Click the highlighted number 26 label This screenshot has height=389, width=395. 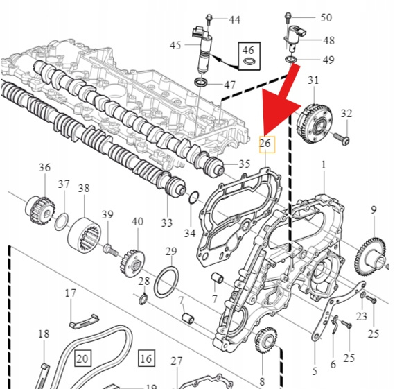pos(267,144)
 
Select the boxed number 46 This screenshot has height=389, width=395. pos(249,56)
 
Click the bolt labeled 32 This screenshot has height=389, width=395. pos(342,139)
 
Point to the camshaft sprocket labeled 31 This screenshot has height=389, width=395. pos(315,123)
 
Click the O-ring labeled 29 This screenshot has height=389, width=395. pos(166,282)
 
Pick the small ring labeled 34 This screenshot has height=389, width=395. pos(194,198)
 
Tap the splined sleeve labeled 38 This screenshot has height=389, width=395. pos(85,234)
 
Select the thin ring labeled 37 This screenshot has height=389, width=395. pos(62,222)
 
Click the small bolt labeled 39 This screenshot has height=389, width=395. pos(110,250)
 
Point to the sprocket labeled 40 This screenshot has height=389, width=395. pos(132,263)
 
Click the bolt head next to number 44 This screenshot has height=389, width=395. pos(209,17)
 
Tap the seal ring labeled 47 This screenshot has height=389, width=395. pos(201,82)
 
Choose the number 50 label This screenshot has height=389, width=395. pos(326,17)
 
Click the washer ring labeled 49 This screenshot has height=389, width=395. pos(291,60)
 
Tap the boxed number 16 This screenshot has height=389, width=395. pos(147,358)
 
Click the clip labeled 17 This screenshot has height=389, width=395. pos(84,322)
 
